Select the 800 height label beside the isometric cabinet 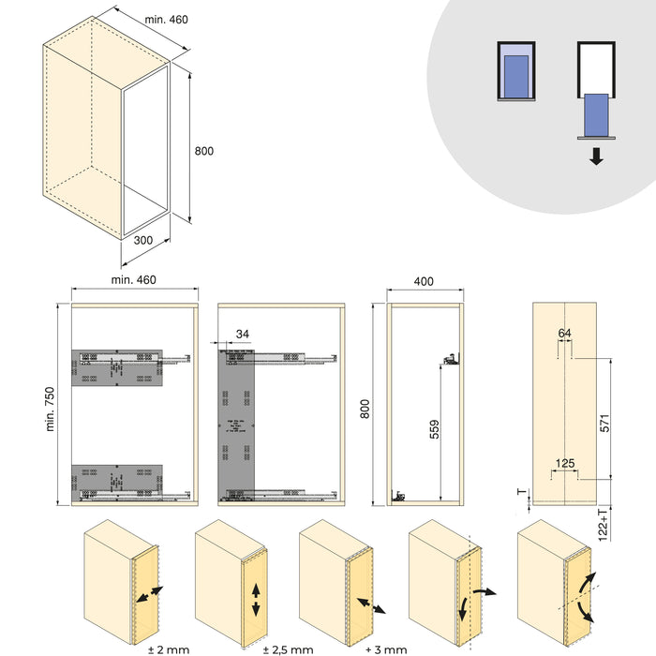coord(204,151)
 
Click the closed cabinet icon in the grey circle coord(515,71)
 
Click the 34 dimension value coord(244,333)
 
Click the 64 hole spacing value coord(564,334)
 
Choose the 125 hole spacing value coord(564,462)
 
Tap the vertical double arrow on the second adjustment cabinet coord(256,599)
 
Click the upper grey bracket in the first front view coord(118,367)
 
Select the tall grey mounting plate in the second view coord(236,422)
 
